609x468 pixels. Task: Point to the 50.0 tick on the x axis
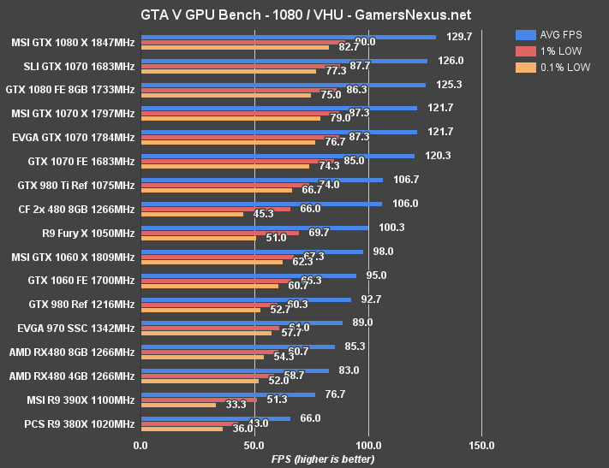[254, 445]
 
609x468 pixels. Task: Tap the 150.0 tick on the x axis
[481, 445]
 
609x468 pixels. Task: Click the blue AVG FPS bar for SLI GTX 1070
[284, 61]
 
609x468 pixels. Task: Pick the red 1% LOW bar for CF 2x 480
[215, 209]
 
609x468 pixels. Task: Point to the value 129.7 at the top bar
[459, 37]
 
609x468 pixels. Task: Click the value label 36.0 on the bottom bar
[243, 429]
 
